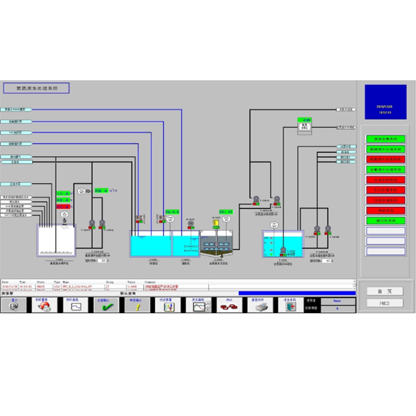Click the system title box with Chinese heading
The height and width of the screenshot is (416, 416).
point(36,88)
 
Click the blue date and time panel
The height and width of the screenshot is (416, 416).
point(385,104)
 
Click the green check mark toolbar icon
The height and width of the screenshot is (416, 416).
point(106,305)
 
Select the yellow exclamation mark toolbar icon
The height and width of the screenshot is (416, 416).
point(137,305)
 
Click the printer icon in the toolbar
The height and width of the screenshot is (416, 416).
point(256,305)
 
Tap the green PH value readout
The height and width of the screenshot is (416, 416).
point(172,212)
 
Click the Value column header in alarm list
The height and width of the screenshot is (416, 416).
point(131,282)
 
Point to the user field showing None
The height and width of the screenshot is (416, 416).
point(337,300)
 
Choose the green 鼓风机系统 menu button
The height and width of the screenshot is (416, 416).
point(385,221)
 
